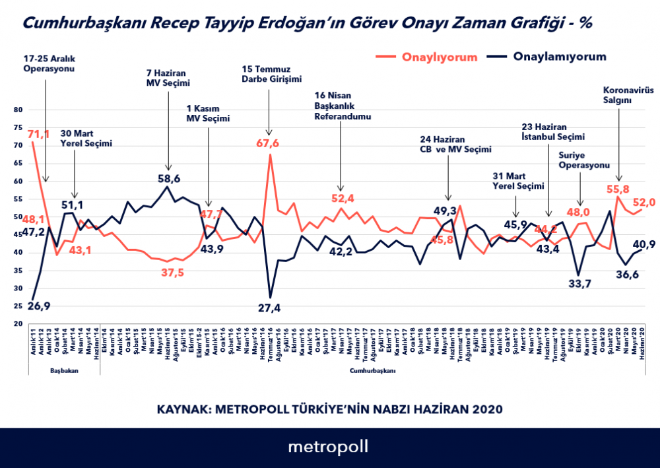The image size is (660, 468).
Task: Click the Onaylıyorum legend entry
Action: [x=439, y=57]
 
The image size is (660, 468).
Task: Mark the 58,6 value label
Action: [x=168, y=178]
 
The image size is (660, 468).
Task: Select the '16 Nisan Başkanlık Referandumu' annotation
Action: [x=343, y=105]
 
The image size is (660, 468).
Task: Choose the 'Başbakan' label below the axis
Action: [x=65, y=371]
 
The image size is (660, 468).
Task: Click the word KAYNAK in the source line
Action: [x=182, y=409]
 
